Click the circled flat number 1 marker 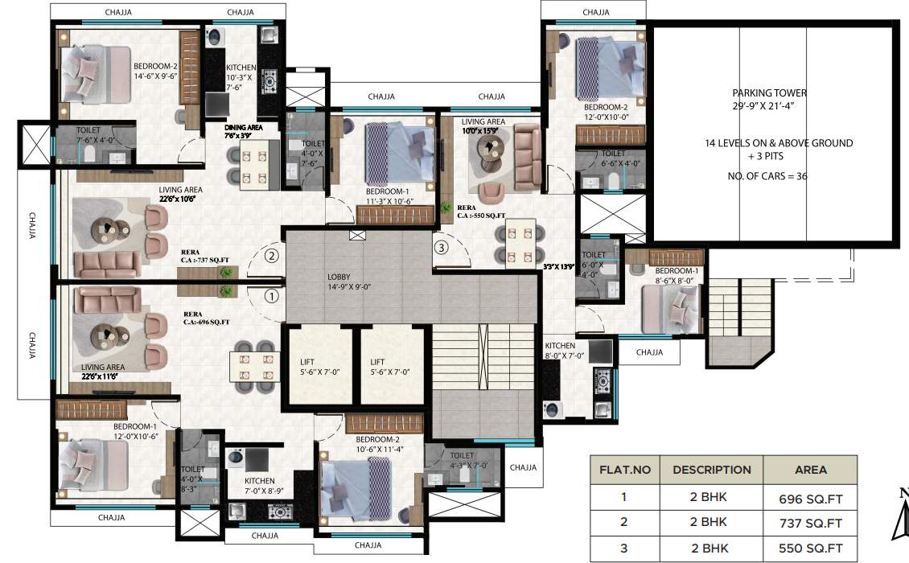(x=272, y=295)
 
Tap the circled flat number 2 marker (x=272, y=257)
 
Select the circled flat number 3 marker (x=440, y=248)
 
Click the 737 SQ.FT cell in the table (x=809, y=523)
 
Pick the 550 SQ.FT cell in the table (x=809, y=549)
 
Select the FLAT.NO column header (x=624, y=470)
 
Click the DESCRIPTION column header (x=711, y=470)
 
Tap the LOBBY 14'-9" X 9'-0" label (x=355, y=281)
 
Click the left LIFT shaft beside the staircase (x=315, y=366)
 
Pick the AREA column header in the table (x=809, y=470)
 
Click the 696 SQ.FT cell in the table (x=809, y=497)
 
